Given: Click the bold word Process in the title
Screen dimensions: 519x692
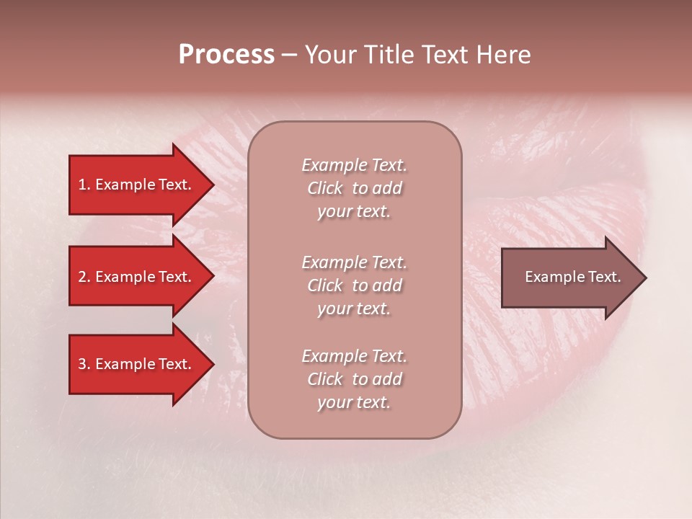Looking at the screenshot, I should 226,55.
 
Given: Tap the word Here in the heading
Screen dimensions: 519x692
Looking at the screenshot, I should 505,55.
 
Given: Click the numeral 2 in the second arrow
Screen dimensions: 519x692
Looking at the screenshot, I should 82,277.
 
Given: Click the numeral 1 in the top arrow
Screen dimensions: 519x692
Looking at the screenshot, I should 82,185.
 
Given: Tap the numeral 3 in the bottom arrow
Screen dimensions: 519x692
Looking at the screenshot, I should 82,364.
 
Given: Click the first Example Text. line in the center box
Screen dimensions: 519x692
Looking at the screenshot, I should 354,165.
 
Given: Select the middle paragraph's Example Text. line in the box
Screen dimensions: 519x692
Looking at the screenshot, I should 354,262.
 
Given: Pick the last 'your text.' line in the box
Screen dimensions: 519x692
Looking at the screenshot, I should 354,402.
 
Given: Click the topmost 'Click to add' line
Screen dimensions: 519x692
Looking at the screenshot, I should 354,188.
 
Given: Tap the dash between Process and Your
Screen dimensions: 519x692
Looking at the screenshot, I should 289,55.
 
